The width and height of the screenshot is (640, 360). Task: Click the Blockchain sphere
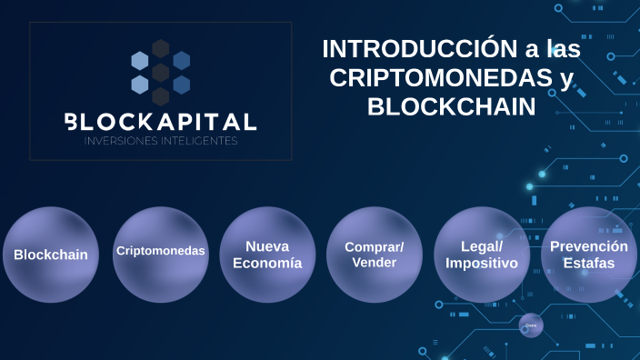click(51, 255)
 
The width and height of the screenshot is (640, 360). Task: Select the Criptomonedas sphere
click(160, 252)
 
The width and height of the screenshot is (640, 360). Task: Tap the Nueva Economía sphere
click(267, 255)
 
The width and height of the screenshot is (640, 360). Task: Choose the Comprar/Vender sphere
click(375, 255)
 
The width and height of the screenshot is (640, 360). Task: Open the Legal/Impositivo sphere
click(482, 255)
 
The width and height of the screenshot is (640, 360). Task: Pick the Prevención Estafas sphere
click(588, 255)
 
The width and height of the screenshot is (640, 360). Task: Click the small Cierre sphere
click(531, 325)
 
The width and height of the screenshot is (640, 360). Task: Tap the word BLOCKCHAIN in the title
click(451, 106)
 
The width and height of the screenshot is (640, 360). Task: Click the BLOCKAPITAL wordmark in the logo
click(160, 121)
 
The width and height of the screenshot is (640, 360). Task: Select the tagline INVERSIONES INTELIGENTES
click(160, 141)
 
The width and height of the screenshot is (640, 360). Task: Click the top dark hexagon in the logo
click(161, 48)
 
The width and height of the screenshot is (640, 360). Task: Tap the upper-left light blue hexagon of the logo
click(140, 61)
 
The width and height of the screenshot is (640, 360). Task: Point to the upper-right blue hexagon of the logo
click(182, 61)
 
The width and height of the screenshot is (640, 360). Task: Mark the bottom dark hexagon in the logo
click(161, 96)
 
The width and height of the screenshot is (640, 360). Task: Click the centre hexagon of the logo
click(161, 73)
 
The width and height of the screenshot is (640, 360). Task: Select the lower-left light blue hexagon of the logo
click(140, 85)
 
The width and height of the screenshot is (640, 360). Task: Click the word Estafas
click(588, 264)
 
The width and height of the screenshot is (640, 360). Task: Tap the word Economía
click(267, 264)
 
